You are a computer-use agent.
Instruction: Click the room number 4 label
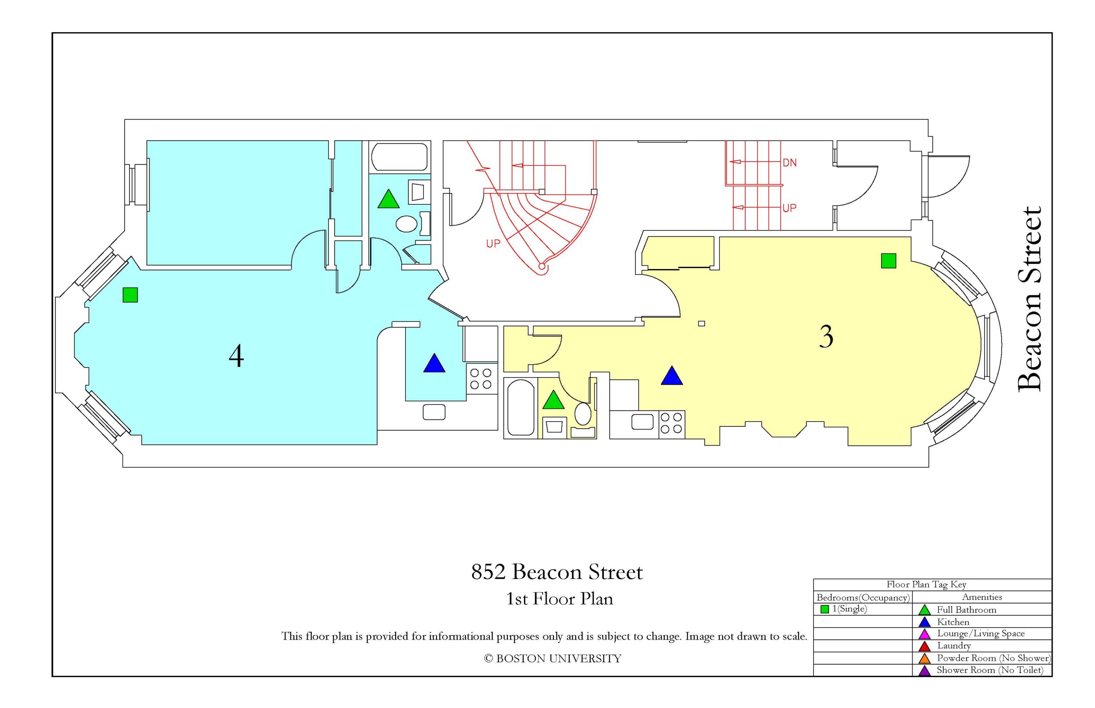click(x=236, y=356)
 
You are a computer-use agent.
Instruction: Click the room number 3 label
click(x=826, y=337)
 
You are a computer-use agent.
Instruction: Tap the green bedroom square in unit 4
click(x=130, y=295)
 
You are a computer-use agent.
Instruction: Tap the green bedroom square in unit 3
click(x=888, y=261)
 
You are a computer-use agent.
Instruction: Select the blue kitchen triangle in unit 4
click(x=434, y=363)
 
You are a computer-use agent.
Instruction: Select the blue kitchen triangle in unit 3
click(x=672, y=376)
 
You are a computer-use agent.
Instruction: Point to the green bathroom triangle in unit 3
click(x=553, y=400)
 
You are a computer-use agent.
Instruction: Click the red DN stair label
click(x=790, y=163)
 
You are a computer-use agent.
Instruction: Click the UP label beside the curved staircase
click(x=493, y=244)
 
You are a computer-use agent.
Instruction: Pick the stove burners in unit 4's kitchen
click(x=482, y=378)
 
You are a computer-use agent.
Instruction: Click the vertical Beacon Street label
click(x=1029, y=299)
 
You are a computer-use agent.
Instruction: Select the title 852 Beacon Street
click(x=557, y=572)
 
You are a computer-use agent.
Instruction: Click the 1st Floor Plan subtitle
click(x=559, y=599)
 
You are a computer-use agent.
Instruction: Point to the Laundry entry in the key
click(x=954, y=646)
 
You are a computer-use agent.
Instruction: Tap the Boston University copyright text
click(x=552, y=658)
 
